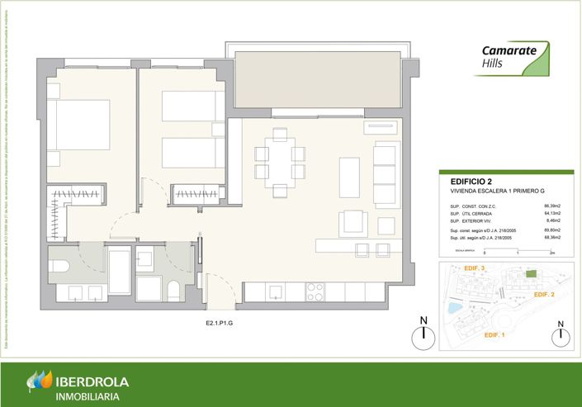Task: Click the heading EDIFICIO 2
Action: tap(471, 181)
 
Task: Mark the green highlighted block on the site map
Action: tap(532, 274)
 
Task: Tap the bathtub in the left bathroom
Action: tap(120, 275)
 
